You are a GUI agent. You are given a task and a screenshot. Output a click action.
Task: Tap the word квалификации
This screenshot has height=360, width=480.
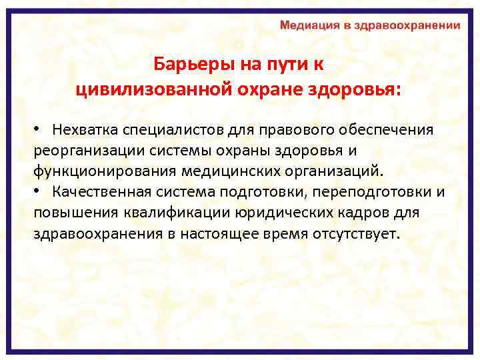click(179, 214)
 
